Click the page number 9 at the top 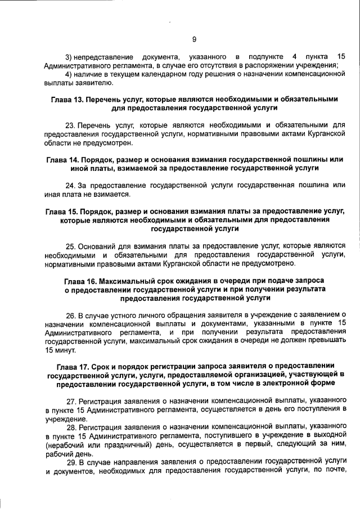pyautogui.click(x=194, y=39)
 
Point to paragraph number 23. pyautogui.click(x=71, y=124)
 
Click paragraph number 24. pyautogui.click(x=71, y=185)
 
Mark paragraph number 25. pyautogui.click(x=71, y=246)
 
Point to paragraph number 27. pyautogui.click(x=71, y=400)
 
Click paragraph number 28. pyautogui.click(x=71, y=426)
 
